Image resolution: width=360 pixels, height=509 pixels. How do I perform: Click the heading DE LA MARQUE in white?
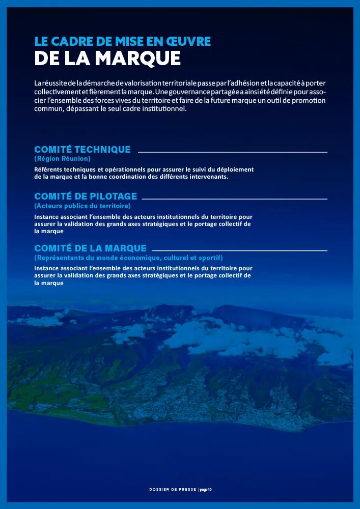pos(107,59)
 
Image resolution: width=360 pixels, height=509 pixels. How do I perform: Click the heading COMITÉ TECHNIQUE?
pos(82,150)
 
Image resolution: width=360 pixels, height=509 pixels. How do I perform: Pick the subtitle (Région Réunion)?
pos(62,159)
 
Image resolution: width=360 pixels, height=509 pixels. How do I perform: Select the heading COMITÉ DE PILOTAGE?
pos(86,196)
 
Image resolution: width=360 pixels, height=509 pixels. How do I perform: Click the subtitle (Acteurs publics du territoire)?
pos(82,206)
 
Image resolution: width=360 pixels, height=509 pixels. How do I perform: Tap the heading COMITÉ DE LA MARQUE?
pos(90,248)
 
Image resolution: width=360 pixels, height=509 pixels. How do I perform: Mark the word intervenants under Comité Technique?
pos(207,177)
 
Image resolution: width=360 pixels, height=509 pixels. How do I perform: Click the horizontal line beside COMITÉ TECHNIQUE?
pos(232,152)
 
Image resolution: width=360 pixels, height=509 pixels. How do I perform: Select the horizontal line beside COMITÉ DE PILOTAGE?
pos(235,198)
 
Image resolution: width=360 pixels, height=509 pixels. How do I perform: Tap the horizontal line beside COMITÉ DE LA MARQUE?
pos(239,250)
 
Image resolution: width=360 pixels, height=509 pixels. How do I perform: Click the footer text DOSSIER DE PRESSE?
pos(172,490)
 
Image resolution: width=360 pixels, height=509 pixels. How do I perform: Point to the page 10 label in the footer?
pos(205,490)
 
